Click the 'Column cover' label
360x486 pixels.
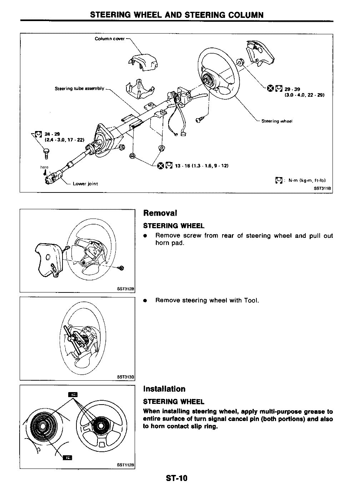click(x=110, y=39)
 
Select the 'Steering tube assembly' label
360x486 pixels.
click(x=79, y=89)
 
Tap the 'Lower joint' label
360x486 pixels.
click(x=85, y=184)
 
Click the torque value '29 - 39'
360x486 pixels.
click(x=292, y=89)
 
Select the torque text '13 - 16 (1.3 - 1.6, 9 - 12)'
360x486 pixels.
click(x=201, y=166)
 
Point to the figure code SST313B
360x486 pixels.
click(x=126, y=376)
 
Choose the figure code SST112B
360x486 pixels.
click(x=126, y=465)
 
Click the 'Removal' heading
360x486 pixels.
click(x=160, y=213)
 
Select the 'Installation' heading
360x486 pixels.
click(x=164, y=389)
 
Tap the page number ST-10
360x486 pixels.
click(x=176, y=478)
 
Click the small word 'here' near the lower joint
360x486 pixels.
click(x=44, y=167)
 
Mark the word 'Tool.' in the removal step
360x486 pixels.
click(x=251, y=300)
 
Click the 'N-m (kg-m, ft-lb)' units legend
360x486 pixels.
click(x=307, y=180)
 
